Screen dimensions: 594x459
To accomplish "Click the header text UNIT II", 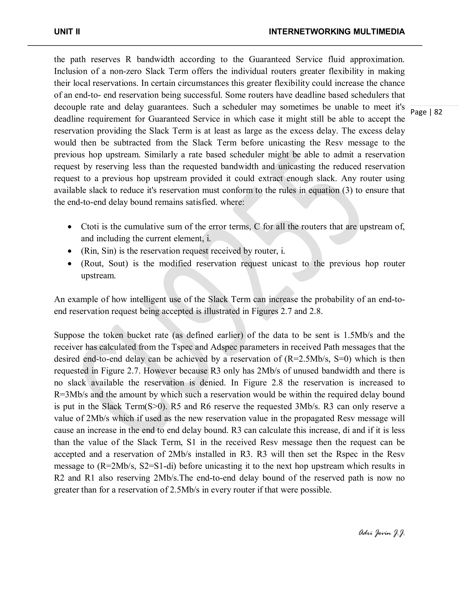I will click(67, 32).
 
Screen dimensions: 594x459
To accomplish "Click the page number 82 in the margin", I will click(438, 112).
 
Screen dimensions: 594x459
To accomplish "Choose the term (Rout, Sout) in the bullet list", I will click(104, 264).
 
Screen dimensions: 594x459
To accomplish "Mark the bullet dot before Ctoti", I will click(70, 227).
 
